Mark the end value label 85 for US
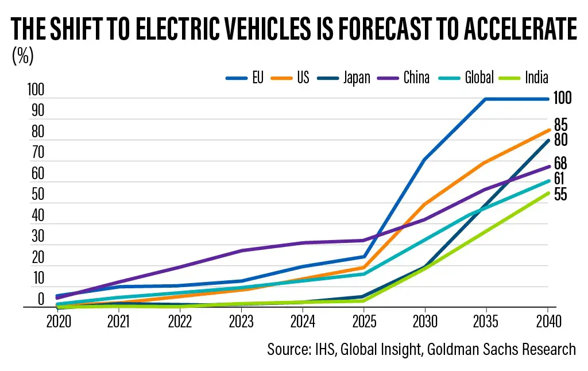[561, 125]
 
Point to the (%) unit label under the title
[22, 56]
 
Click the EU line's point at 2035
[486, 99]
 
